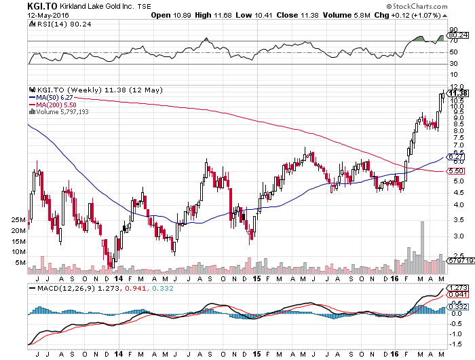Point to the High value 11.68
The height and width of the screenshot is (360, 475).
[x=228, y=15]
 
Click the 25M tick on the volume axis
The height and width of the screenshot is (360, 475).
[x=18, y=221]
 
